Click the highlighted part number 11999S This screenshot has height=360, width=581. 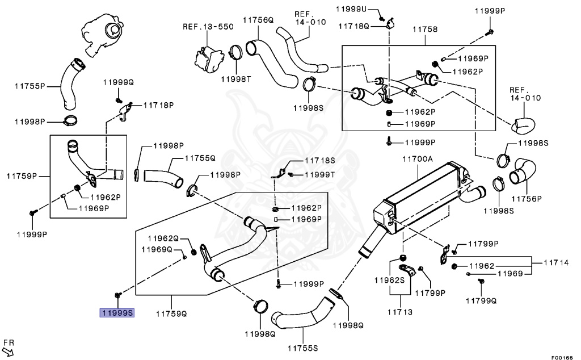(x=117, y=313)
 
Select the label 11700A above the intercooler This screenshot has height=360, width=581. (x=418, y=159)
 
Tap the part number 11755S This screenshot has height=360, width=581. (x=303, y=348)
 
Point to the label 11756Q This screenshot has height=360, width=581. (x=258, y=20)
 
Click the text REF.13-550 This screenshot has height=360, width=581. (x=208, y=27)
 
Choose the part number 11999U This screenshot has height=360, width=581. (x=351, y=9)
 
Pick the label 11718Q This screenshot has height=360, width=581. (x=354, y=26)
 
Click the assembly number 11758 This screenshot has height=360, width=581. (x=425, y=29)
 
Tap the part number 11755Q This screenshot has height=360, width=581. (x=200, y=158)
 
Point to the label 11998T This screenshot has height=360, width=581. (x=236, y=79)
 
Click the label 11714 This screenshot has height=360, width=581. (x=556, y=262)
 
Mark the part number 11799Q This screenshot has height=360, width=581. (x=481, y=301)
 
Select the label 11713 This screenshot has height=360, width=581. (x=400, y=312)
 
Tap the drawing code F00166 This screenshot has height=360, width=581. (x=562, y=357)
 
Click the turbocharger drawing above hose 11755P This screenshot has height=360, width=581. (x=102, y=34)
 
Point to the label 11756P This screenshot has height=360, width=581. (x=527, y=199)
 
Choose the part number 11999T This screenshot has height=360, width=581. (x=319, y=174)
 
